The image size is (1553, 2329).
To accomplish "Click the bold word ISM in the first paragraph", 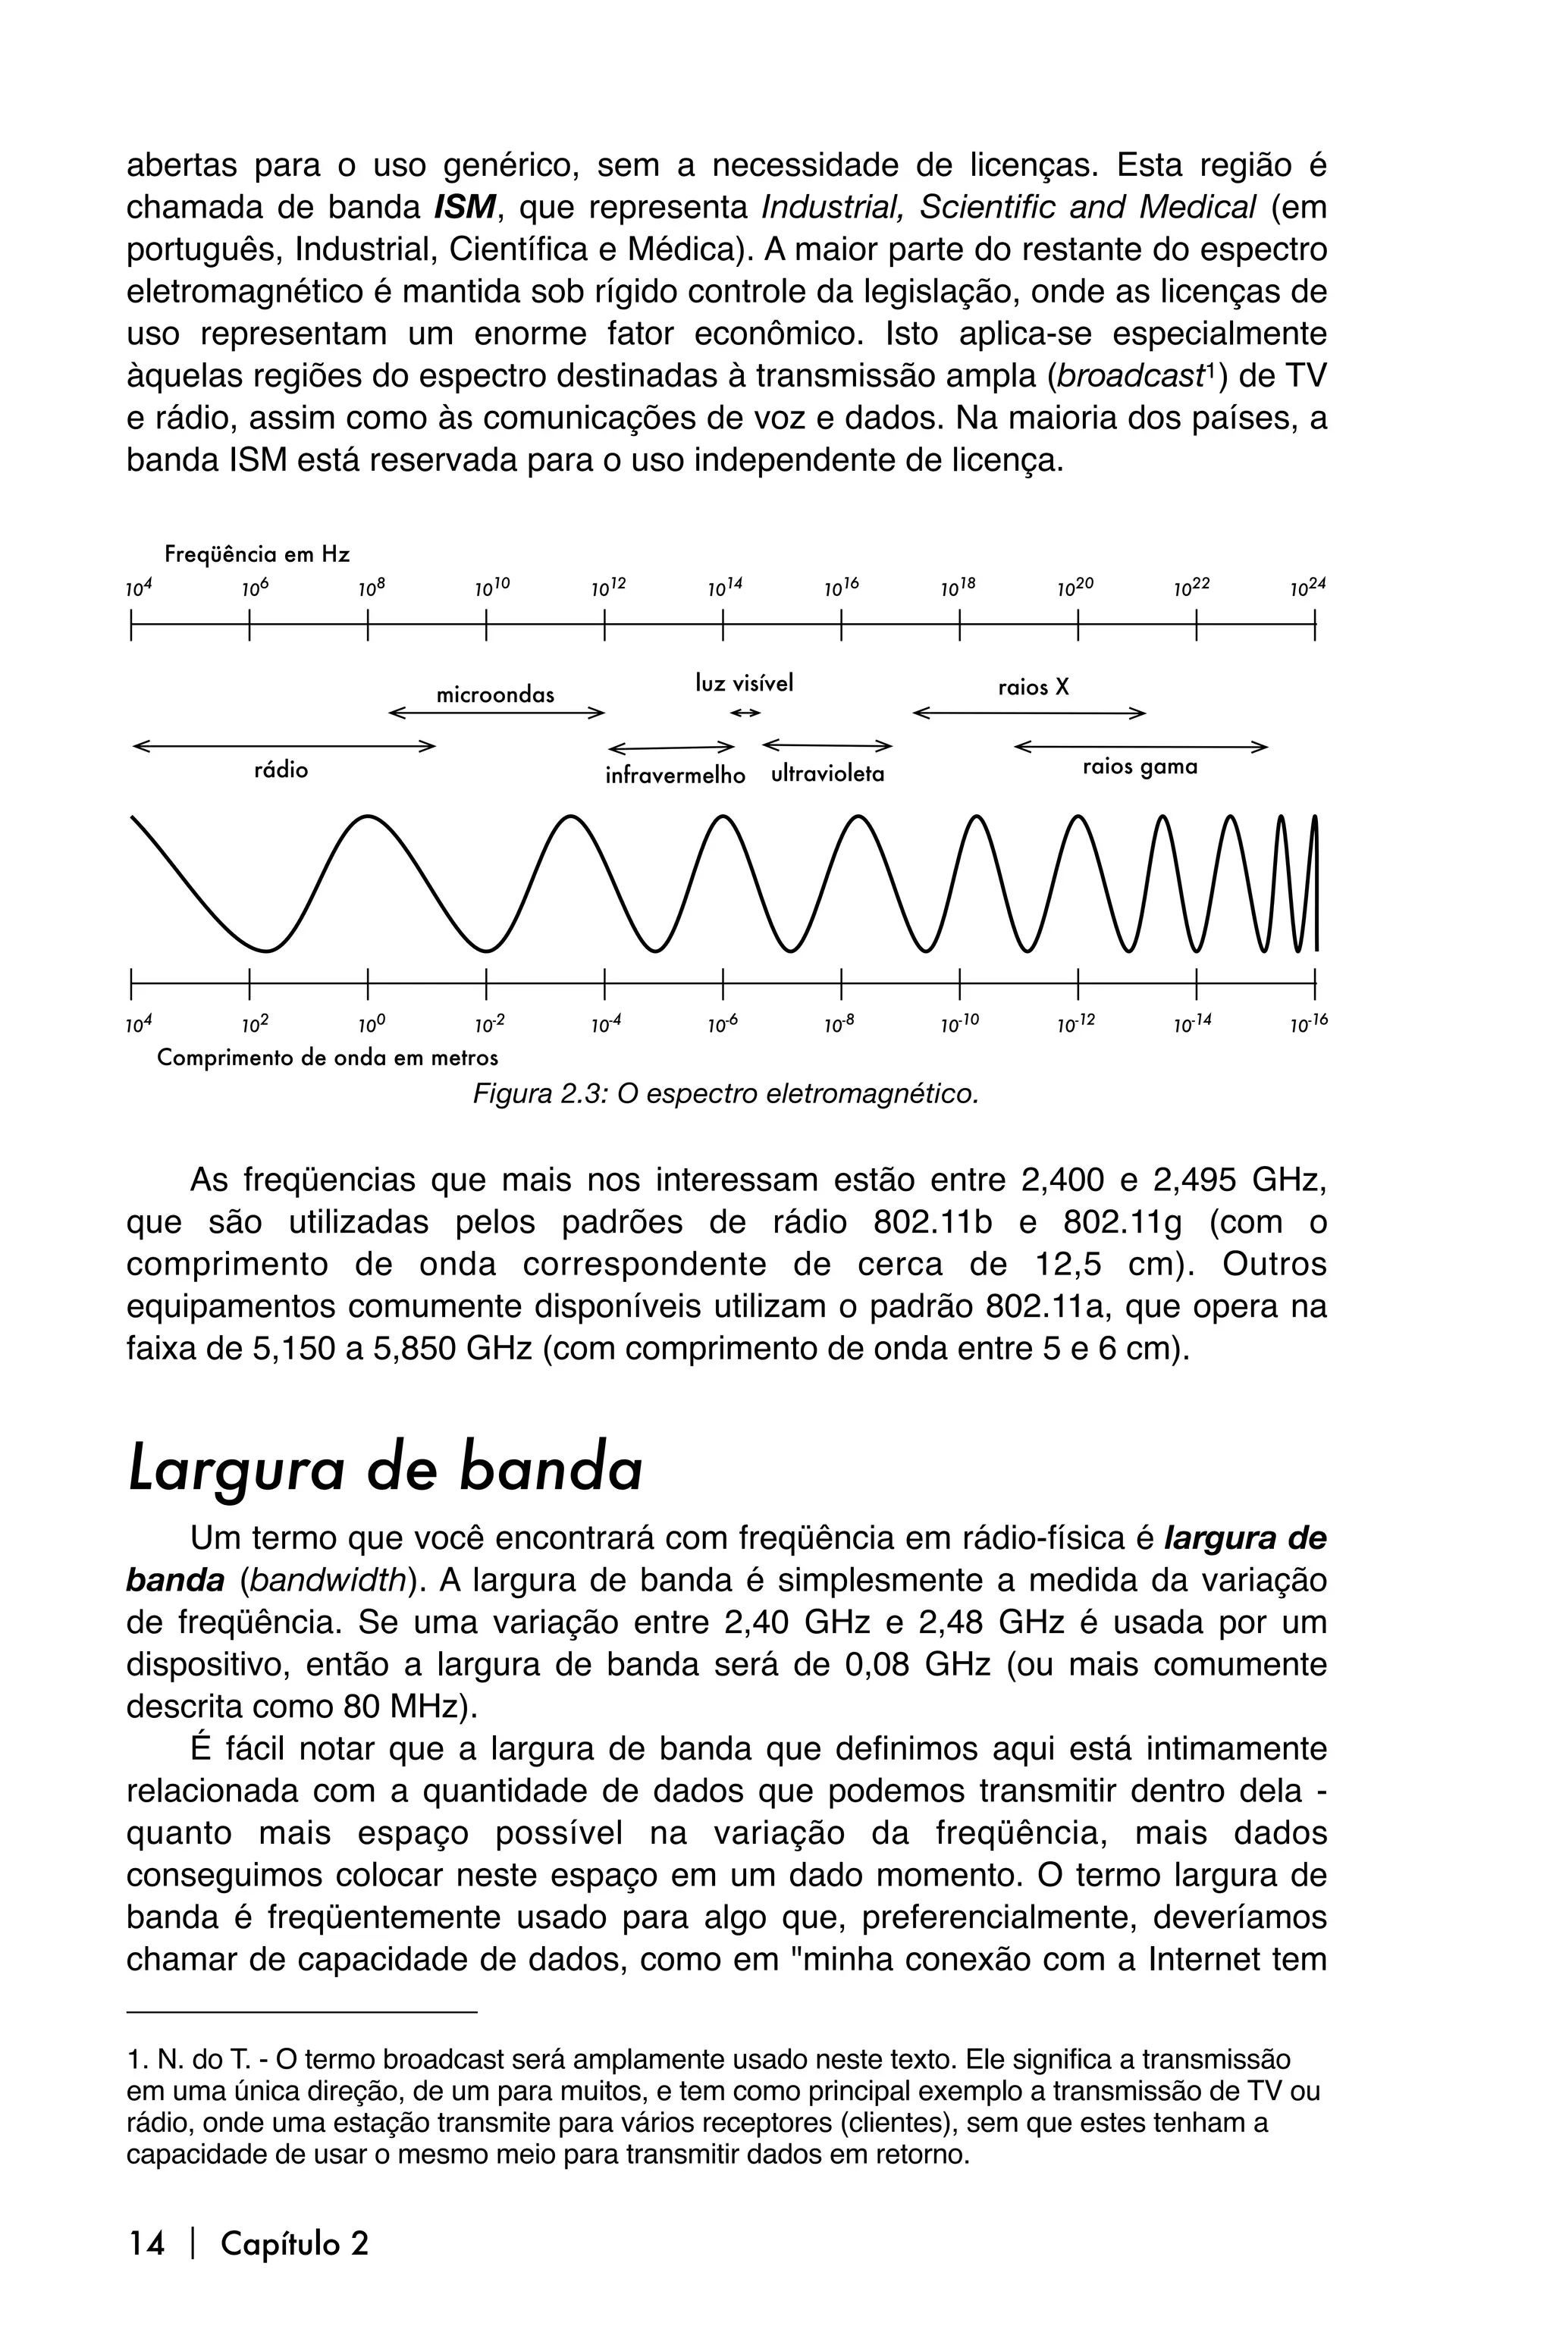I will [x=465, y=208].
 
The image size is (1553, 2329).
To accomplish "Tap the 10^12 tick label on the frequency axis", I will [x=609, y=588].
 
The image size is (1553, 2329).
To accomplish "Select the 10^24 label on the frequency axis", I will [x=1307, y=588].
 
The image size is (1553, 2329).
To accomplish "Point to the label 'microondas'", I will [x=495, y=695].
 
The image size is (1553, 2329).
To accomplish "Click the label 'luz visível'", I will [x=744, y=683].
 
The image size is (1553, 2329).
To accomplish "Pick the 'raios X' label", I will [x=1033, y=687].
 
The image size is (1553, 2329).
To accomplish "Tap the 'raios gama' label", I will [x=1139, y=766].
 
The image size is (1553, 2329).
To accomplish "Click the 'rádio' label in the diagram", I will [x=281, y=770].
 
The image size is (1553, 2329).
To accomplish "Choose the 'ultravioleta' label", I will [x=827, y=774].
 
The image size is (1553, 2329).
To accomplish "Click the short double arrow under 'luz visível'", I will [x=745, y=713].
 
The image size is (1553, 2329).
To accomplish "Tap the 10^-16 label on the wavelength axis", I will [x=1307, y=1027].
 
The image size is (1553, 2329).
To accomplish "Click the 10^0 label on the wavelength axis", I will [x=372, y=1027].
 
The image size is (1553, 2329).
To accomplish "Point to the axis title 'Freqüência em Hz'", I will [x=256, y=553].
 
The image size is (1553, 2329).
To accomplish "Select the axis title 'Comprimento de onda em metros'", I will [x=327, y=1058].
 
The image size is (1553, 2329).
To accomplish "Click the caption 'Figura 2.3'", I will [x=725, y=1094].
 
